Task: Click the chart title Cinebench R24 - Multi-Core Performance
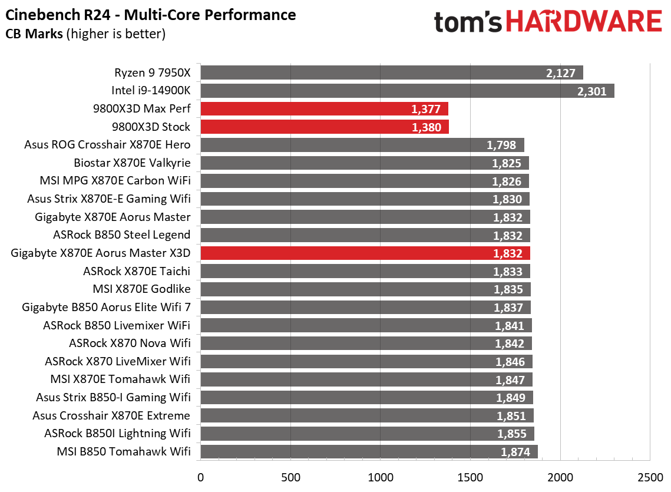click(x=151, y=14)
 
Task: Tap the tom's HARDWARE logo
click(x=548, y=22)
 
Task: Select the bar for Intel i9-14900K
click(x=407, y=91)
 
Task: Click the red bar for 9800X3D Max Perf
click(x=324, y=109)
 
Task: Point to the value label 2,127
click(x=560, y=73)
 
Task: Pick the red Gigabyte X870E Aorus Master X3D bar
click(x=365, y=253)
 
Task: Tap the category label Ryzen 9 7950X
click(x=152, y=73)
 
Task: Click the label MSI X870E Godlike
click(x=141, y=289)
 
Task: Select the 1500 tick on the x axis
click(x=470, y=476)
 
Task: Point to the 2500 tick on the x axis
click(x=650, y=476)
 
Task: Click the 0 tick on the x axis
click(x=201, y=476)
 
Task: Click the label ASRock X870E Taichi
click(x=137, y=271)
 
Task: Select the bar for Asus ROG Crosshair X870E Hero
click(x=362, y=145)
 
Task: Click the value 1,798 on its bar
click(x=501, y=146)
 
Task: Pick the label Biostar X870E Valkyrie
click(x=132, y=163)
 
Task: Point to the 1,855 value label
click(x=512, y=434)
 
